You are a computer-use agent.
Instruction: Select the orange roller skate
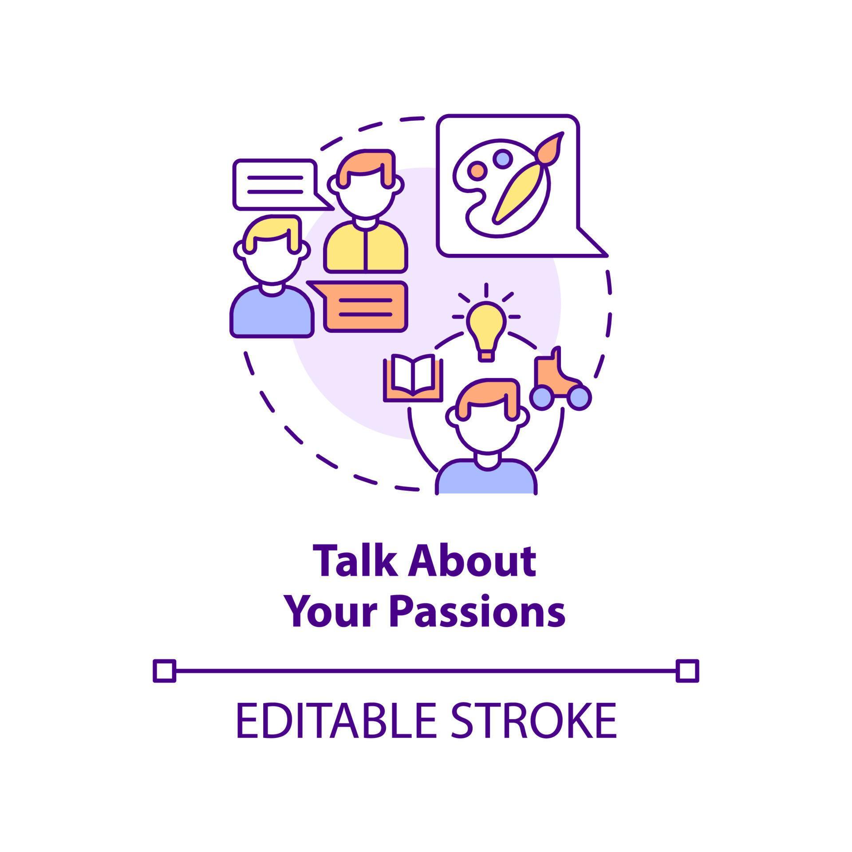(x=555, y=373)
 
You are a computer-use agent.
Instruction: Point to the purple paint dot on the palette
(x=502, y=158)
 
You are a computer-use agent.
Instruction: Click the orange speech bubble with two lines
(x=365, y=307)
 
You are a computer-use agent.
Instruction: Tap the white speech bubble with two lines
(x=275, y=184)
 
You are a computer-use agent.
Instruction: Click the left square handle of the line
(x=164, y=671)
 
